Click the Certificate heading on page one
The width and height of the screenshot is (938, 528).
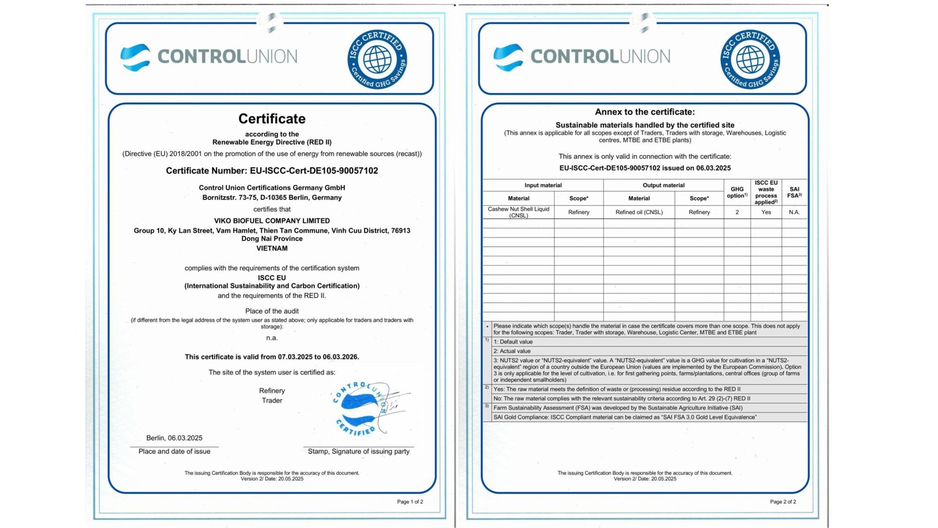pos(271,119)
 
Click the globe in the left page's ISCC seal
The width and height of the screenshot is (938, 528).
pos(377,59)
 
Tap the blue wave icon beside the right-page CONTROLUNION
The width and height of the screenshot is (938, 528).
pos(508,57)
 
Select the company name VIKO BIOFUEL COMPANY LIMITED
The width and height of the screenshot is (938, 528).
pos(271,221)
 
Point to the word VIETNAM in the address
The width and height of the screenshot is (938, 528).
pos(271,248)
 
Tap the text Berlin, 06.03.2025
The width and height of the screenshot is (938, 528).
pos(174,438)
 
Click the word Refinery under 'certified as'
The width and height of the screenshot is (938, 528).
pos(271,391)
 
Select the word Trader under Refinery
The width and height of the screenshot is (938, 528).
pos(271,401)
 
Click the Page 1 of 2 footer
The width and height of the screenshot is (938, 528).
pos(410,502)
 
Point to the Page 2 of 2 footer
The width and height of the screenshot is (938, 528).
pos(783,502)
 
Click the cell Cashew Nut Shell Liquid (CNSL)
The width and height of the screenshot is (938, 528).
pos(518,212)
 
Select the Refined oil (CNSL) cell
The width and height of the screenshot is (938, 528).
pos(639,212)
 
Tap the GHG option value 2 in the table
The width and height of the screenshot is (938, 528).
pos(737,212)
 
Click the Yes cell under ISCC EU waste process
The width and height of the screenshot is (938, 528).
pos(766,212)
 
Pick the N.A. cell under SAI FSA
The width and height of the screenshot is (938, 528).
pos(794,212)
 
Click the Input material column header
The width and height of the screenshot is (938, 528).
pos(543,185)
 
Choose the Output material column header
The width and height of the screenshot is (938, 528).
pos(663,185)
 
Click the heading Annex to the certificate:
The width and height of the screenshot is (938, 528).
pos(644,112)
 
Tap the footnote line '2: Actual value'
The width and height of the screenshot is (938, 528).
pos(512,351)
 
